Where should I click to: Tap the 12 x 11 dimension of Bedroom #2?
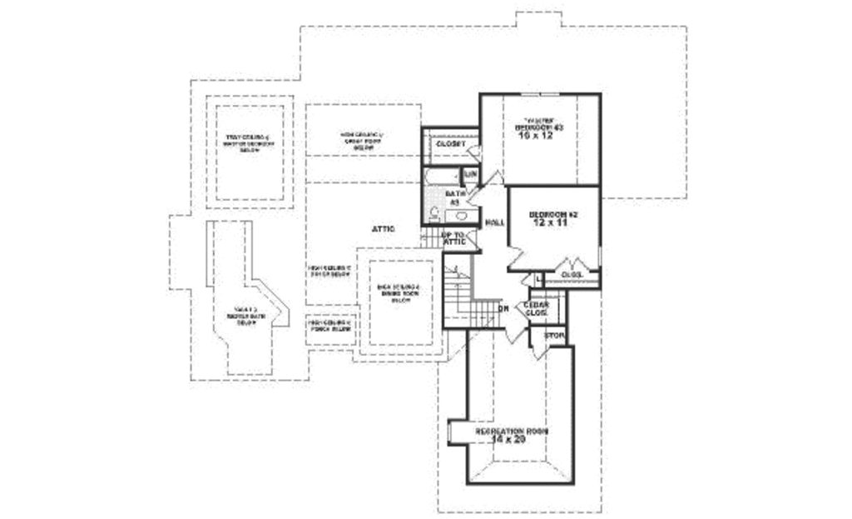coord(552,224)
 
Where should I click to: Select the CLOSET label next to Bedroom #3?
coord(450,143)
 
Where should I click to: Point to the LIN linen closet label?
coord(470,174)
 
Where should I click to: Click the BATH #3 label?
coord(455,197)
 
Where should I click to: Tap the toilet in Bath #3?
coord(434,212)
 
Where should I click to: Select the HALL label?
coord(495,222)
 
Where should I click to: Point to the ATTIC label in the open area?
coord(383,228)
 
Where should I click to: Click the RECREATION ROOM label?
coord(512,432)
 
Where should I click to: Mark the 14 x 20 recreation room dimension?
coord(509,440)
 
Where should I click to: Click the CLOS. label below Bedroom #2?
coord(571,274)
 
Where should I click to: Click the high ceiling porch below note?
coord(330,326)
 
